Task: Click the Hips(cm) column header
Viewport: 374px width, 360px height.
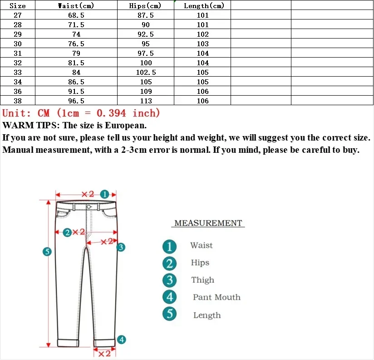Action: click(145, 6)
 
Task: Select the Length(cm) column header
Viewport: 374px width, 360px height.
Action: click(203, 6)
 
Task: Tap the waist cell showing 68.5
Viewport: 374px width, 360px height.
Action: click(76, 15)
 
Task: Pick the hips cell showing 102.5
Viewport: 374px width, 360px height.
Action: click(146, 73)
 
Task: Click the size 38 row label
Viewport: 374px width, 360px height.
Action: click(18, 101)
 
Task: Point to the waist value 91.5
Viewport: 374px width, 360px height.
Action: click(76, 92)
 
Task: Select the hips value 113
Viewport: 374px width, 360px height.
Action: click(146, 101)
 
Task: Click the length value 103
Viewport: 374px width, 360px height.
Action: click(203, 44)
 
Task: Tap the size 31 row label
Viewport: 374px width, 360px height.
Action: click(18, 54)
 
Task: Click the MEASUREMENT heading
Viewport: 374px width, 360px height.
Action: click(208, 223)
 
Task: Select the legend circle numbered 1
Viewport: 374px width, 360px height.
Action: click(169, 247)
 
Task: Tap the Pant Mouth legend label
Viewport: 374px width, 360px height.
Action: click(217, 297)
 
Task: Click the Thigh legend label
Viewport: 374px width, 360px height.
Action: click(202, 280)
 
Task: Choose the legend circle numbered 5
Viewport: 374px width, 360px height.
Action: click(169, 313)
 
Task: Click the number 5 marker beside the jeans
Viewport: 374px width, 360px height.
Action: click(46, 252)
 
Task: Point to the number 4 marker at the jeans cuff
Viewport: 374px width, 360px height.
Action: click(121, 340)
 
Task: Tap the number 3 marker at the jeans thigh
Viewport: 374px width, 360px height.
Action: click(121, 247)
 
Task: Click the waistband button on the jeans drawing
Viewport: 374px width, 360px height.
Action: click(89, 207)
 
